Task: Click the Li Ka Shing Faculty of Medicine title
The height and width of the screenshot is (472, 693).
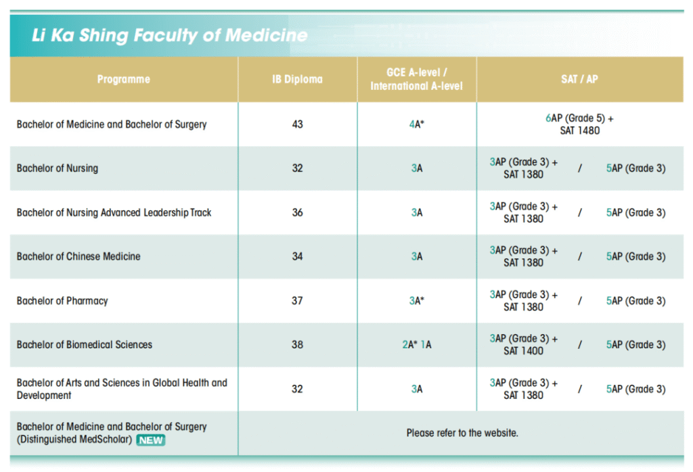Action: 169,35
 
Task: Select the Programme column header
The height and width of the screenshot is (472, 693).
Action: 123,79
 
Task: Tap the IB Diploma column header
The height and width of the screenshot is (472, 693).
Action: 297,79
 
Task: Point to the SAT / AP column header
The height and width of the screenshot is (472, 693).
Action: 579,79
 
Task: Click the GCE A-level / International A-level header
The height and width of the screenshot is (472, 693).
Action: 416,79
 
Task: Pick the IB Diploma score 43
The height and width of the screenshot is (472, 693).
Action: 297,124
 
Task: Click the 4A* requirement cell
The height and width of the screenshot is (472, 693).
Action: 416,124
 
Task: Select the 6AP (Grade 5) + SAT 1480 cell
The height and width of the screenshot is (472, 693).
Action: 579,124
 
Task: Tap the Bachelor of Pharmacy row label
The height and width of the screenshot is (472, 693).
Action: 62,301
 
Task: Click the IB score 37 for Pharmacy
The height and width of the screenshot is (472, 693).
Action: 297,301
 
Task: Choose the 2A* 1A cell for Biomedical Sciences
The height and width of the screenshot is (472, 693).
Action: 416,345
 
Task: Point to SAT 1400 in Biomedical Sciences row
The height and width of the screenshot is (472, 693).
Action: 523,351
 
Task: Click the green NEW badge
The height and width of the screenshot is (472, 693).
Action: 151,440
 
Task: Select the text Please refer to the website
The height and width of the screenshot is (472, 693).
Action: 462,433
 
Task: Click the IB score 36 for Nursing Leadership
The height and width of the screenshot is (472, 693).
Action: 297,212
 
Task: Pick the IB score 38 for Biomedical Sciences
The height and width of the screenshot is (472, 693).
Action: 297,345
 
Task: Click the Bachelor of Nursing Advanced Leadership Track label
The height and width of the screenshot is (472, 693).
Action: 114,212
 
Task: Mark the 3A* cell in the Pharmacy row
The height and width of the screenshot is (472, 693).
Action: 416,301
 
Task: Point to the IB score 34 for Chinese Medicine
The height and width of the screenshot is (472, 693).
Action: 297,256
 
